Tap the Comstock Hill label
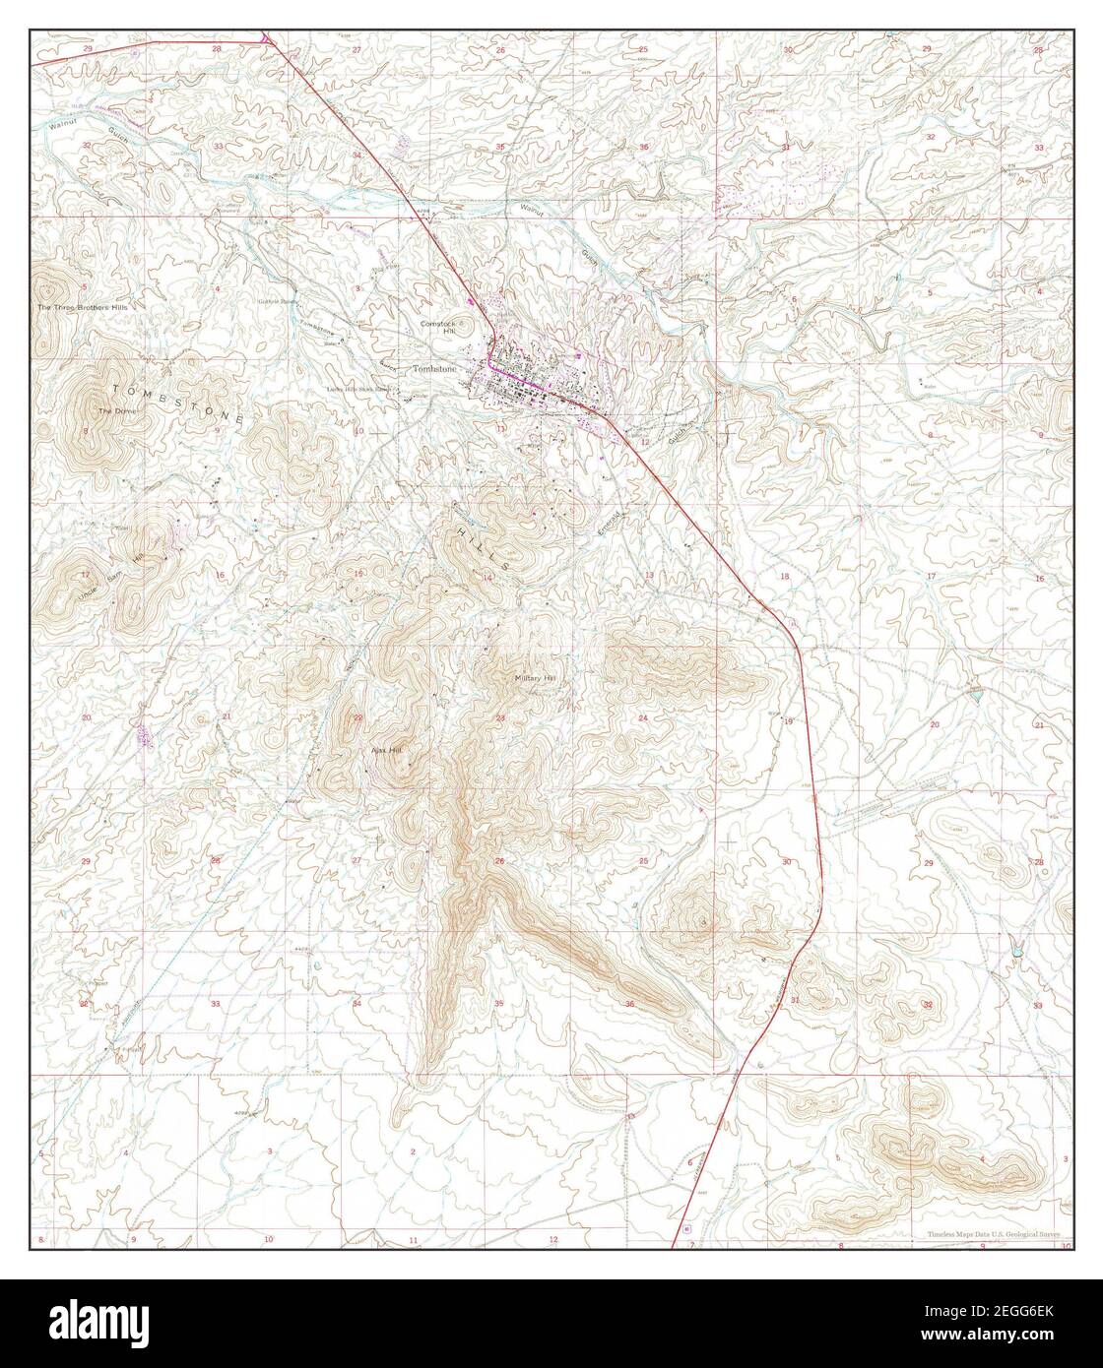click(434, 328)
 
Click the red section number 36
click(629, 1003)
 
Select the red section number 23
click(500, 717)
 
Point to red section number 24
click(643, 717)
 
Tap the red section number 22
click(358, 717)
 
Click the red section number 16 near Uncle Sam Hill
click(220, 575)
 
